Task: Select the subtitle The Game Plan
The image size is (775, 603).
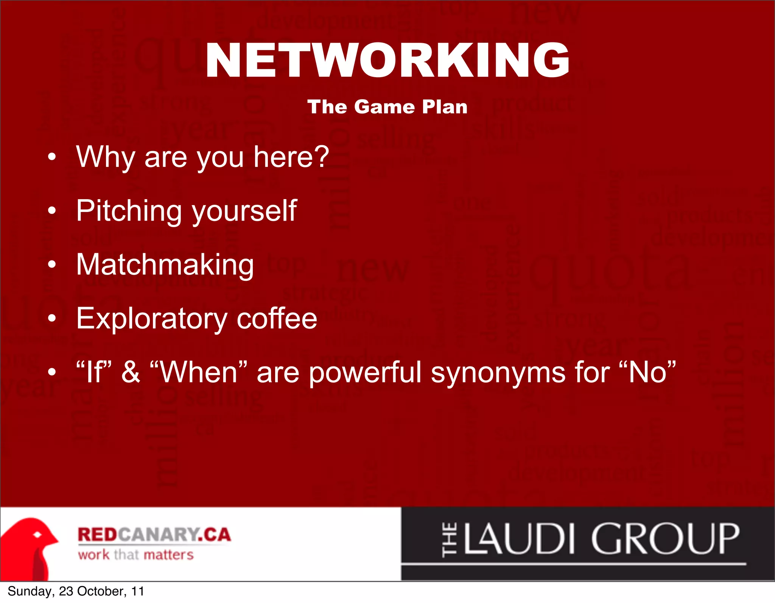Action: click(387, 107)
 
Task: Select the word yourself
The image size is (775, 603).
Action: click(244, 211)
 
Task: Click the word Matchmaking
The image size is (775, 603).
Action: click(165, 265)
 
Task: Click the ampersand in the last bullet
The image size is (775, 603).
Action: click(131, 372)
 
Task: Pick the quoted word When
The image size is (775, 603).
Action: click(199, 372)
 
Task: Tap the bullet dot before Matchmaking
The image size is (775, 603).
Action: click(52, 265)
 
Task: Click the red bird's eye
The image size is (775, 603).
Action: click(37, 535)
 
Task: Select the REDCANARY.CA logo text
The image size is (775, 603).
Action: click(154, 534)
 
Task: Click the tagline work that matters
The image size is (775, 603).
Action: click(136, 555)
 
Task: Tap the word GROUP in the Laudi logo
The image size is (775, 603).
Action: click(665, 539)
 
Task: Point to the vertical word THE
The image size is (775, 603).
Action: click(449, 539)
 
